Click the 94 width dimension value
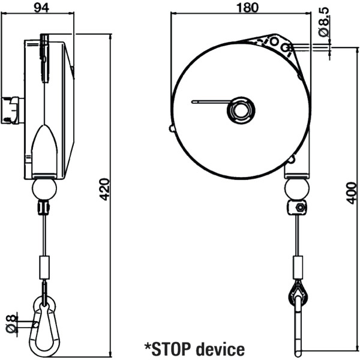(x=41, y=8)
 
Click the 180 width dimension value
(x=247, y=8)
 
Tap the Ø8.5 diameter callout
(x=324, y=22)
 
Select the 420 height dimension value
(x=105, y=189)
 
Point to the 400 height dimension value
(x=351, y=193)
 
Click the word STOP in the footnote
(x=171, y=349)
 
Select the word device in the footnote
(x=221, y=349)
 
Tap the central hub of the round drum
(x=241, y=110)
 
